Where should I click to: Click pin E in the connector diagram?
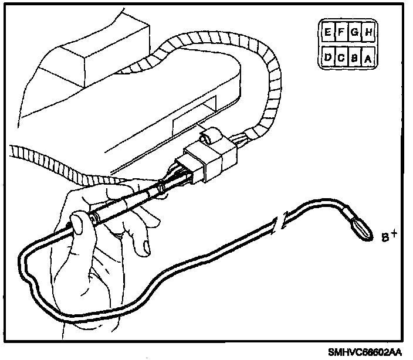point(326,33)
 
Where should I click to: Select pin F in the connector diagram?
point(341,33)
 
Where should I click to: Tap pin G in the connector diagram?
point(355,33)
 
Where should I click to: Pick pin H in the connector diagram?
point(368,33)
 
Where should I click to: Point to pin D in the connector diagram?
point(326,58)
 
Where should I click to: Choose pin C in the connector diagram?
point(341,58)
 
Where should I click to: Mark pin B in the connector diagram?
point(355,58)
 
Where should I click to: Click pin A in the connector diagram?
point(368,58)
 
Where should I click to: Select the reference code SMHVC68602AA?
point(365,352)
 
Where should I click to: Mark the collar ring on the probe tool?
point(159,189)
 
